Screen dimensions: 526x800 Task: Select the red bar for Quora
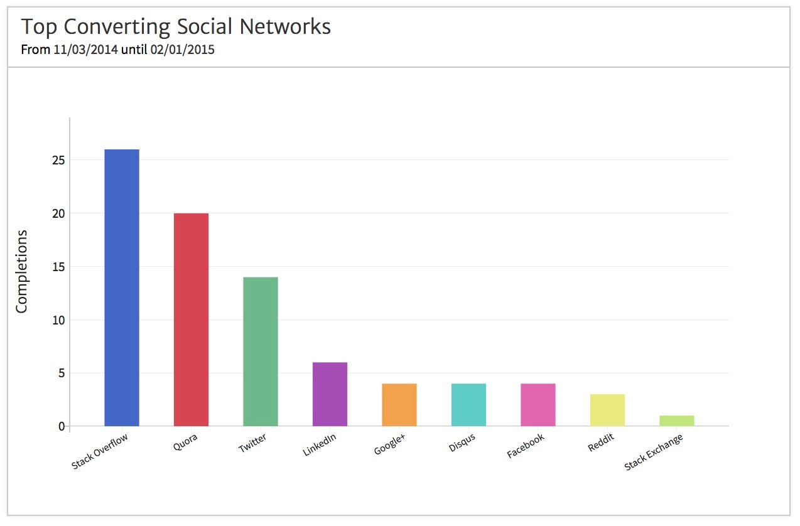[191, 319]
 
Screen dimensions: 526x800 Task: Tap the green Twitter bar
[261, 352]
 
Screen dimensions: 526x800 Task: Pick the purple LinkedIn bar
[330, 394]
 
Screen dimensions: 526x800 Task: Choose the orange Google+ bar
[399, 405]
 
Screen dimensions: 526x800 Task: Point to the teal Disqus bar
[468, 405]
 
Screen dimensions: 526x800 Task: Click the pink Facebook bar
[538, 405]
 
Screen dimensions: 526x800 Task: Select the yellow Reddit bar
[607, 410]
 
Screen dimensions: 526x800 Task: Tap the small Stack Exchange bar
[677, 421]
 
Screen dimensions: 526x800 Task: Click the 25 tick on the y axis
[58, 160]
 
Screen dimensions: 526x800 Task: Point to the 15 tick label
[58, 267]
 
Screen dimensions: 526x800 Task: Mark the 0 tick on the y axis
[62, 427]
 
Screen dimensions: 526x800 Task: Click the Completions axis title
[22, 271]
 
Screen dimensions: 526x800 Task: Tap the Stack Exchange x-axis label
[654, 453]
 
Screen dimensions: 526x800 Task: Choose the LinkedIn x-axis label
[320, 449]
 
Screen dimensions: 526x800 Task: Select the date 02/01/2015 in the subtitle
[183, 50]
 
